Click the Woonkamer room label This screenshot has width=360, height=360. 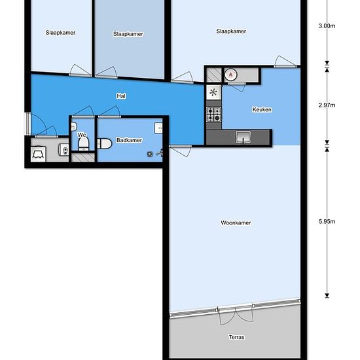[x=236, y=223]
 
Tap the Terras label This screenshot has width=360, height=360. [x=236, y=337]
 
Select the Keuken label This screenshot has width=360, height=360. [x=262, y=109]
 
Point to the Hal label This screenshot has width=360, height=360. [x=121, y=96]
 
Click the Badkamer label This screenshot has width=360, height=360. [x=129, y=140]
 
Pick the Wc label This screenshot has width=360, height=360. [x=82, y=135]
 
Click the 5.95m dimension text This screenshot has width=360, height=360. [x=327, y=221]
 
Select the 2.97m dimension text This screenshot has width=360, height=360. [x=327, y=105]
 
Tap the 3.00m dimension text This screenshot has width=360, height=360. [x=327, y=26]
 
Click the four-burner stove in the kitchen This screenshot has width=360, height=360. [x=214, y=115]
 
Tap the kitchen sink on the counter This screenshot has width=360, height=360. [x=243, y=137]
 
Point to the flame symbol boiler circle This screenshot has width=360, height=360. [x=230, y=75]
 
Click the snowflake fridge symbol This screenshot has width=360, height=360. [x=213, y=92]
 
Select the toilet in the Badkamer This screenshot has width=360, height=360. [x=105, y=144]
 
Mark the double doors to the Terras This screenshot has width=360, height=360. [x=236, y=315]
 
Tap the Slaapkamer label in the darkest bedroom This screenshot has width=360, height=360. [x=128, y=34]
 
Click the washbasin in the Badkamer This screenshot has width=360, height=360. [x=158, y=128]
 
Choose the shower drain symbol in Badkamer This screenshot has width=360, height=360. [x=150, y=154]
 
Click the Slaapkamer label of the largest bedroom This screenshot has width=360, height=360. [x=231, y=31]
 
